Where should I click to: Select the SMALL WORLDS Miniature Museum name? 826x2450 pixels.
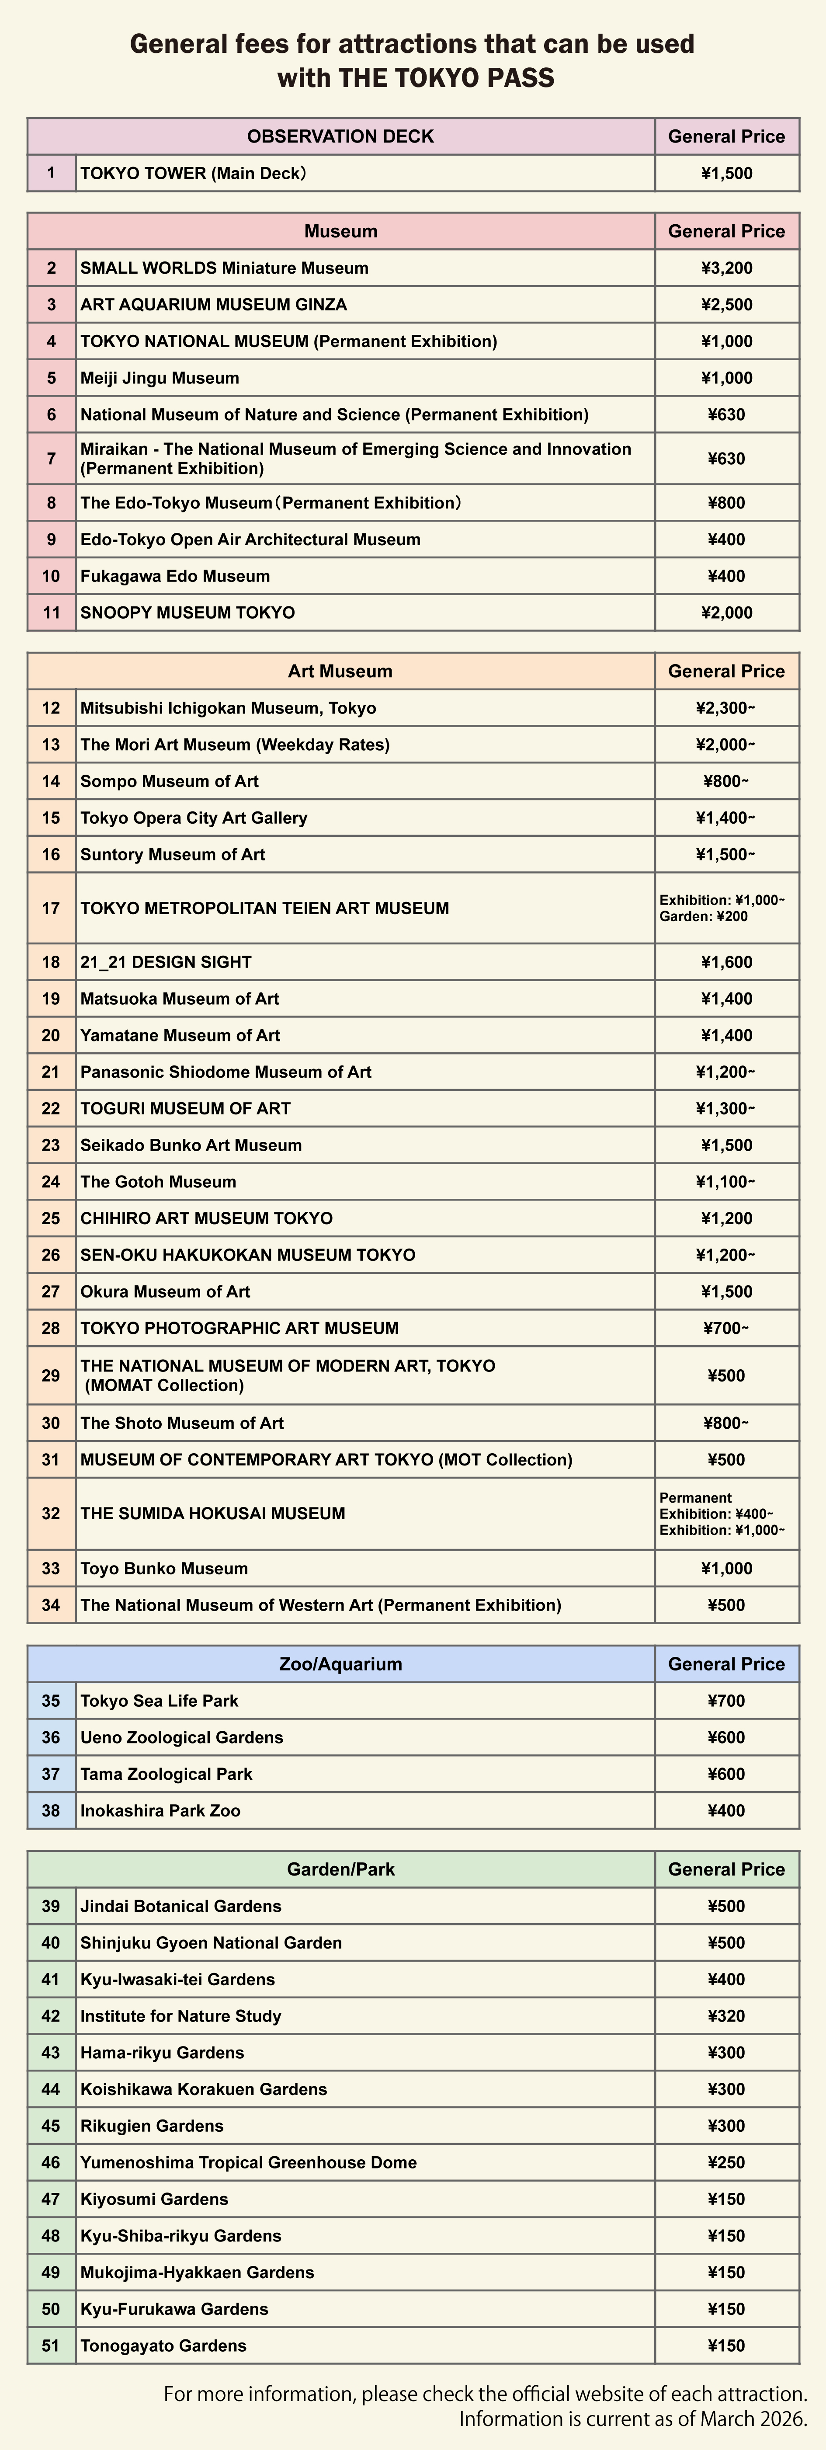(224, 268)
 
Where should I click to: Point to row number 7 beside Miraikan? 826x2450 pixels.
(51, 459)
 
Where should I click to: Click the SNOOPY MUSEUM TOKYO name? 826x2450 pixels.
(187, 612)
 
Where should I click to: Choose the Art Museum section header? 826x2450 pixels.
(340, 672)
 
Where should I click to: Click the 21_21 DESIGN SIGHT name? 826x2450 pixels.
(167, 961)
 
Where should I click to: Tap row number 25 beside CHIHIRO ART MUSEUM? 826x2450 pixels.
(51, 1218)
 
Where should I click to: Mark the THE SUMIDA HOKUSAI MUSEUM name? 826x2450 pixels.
(213, 1513)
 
